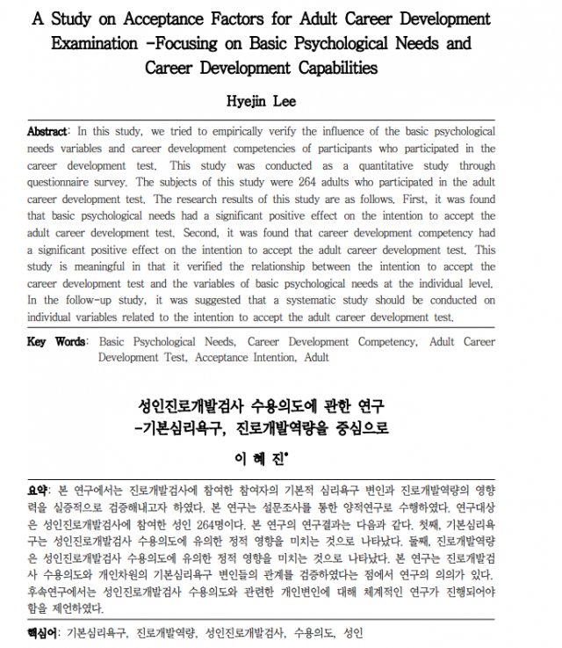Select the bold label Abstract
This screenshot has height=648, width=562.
click(47, 132)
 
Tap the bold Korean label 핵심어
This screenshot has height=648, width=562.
click(41, 633)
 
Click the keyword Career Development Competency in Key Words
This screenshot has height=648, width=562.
click(329, 342)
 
